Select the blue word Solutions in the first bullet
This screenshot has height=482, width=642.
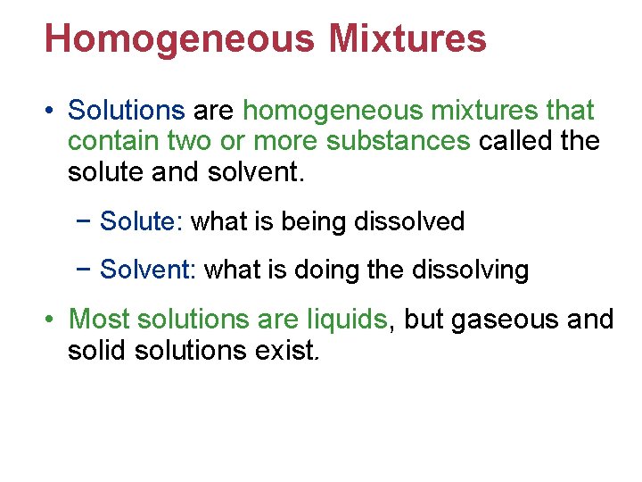pos(126,111)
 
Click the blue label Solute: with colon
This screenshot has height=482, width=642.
pos(142,221)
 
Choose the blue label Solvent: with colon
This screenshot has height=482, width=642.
pos(148,270)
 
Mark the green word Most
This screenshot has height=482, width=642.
pos(98,319)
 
